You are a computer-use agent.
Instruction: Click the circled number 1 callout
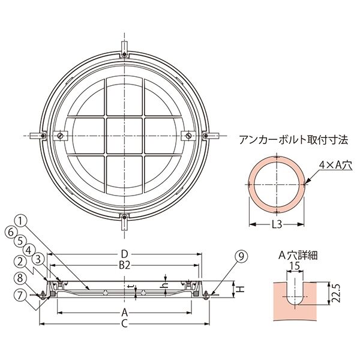point(20,221)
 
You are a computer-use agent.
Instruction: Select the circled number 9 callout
point(241,256)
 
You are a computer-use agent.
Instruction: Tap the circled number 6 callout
point(11,232)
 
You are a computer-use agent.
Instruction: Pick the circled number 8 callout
point(20,278)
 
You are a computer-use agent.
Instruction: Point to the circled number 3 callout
point(38,259)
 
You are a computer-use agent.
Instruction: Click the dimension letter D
point(124,254)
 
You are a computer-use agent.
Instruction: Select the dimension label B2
point(124,265)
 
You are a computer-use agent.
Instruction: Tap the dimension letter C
point(124,324)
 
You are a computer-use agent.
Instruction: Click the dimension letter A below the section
point(124,313)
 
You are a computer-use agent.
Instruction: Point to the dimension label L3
point(277,224)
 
